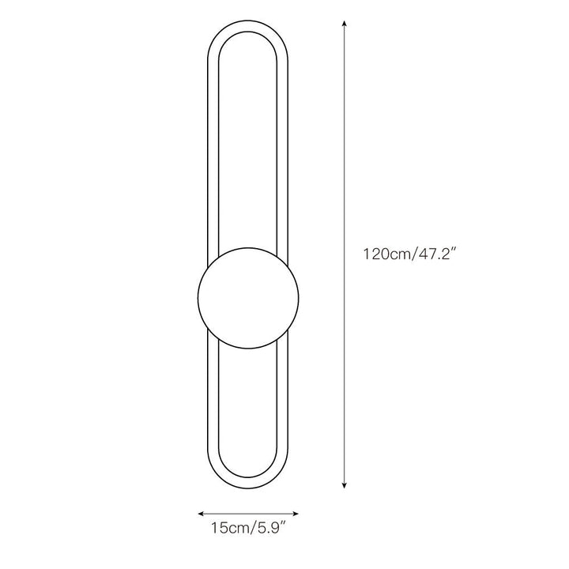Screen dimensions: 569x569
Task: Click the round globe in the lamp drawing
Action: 248,298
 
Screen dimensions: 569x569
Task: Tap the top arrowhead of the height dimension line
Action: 345,24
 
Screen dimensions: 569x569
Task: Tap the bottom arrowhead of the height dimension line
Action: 345,485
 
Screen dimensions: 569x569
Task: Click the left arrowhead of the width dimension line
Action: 201,514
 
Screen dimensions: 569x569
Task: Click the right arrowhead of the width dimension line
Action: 296,514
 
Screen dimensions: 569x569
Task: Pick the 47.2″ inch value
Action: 436,254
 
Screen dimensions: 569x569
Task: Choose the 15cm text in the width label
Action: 231,528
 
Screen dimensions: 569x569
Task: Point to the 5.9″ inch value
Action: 272,528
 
